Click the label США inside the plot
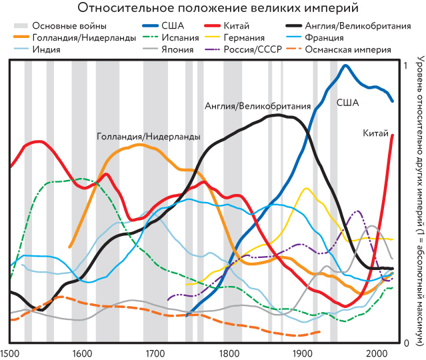point(365,103)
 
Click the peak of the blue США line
point(345,65)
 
